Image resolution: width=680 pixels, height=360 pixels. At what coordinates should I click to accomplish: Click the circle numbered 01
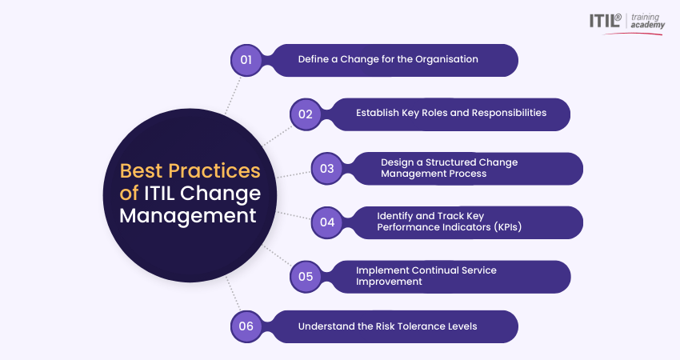coord(246,60)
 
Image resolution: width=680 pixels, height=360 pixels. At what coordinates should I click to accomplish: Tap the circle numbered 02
coord(306,114)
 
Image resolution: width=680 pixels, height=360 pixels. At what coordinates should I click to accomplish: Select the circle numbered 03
coord(327,169)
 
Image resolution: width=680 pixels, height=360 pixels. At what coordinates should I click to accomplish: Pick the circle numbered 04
coord(327,222)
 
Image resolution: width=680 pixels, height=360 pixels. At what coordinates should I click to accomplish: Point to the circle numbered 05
coord(306,277)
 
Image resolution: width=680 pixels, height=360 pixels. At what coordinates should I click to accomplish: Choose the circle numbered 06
coord(246,326)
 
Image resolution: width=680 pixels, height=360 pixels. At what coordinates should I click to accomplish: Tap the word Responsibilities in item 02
coord(509,113)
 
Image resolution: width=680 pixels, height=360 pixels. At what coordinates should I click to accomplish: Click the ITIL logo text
coord(606,21)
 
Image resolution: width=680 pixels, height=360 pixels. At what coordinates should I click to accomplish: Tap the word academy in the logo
coord(648,26)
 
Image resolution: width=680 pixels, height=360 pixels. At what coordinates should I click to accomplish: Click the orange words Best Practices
coord(190,171)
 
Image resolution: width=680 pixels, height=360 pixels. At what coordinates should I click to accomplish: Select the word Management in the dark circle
coord(188,215)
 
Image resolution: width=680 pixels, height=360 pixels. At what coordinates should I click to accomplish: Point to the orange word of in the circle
coord(129,193)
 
